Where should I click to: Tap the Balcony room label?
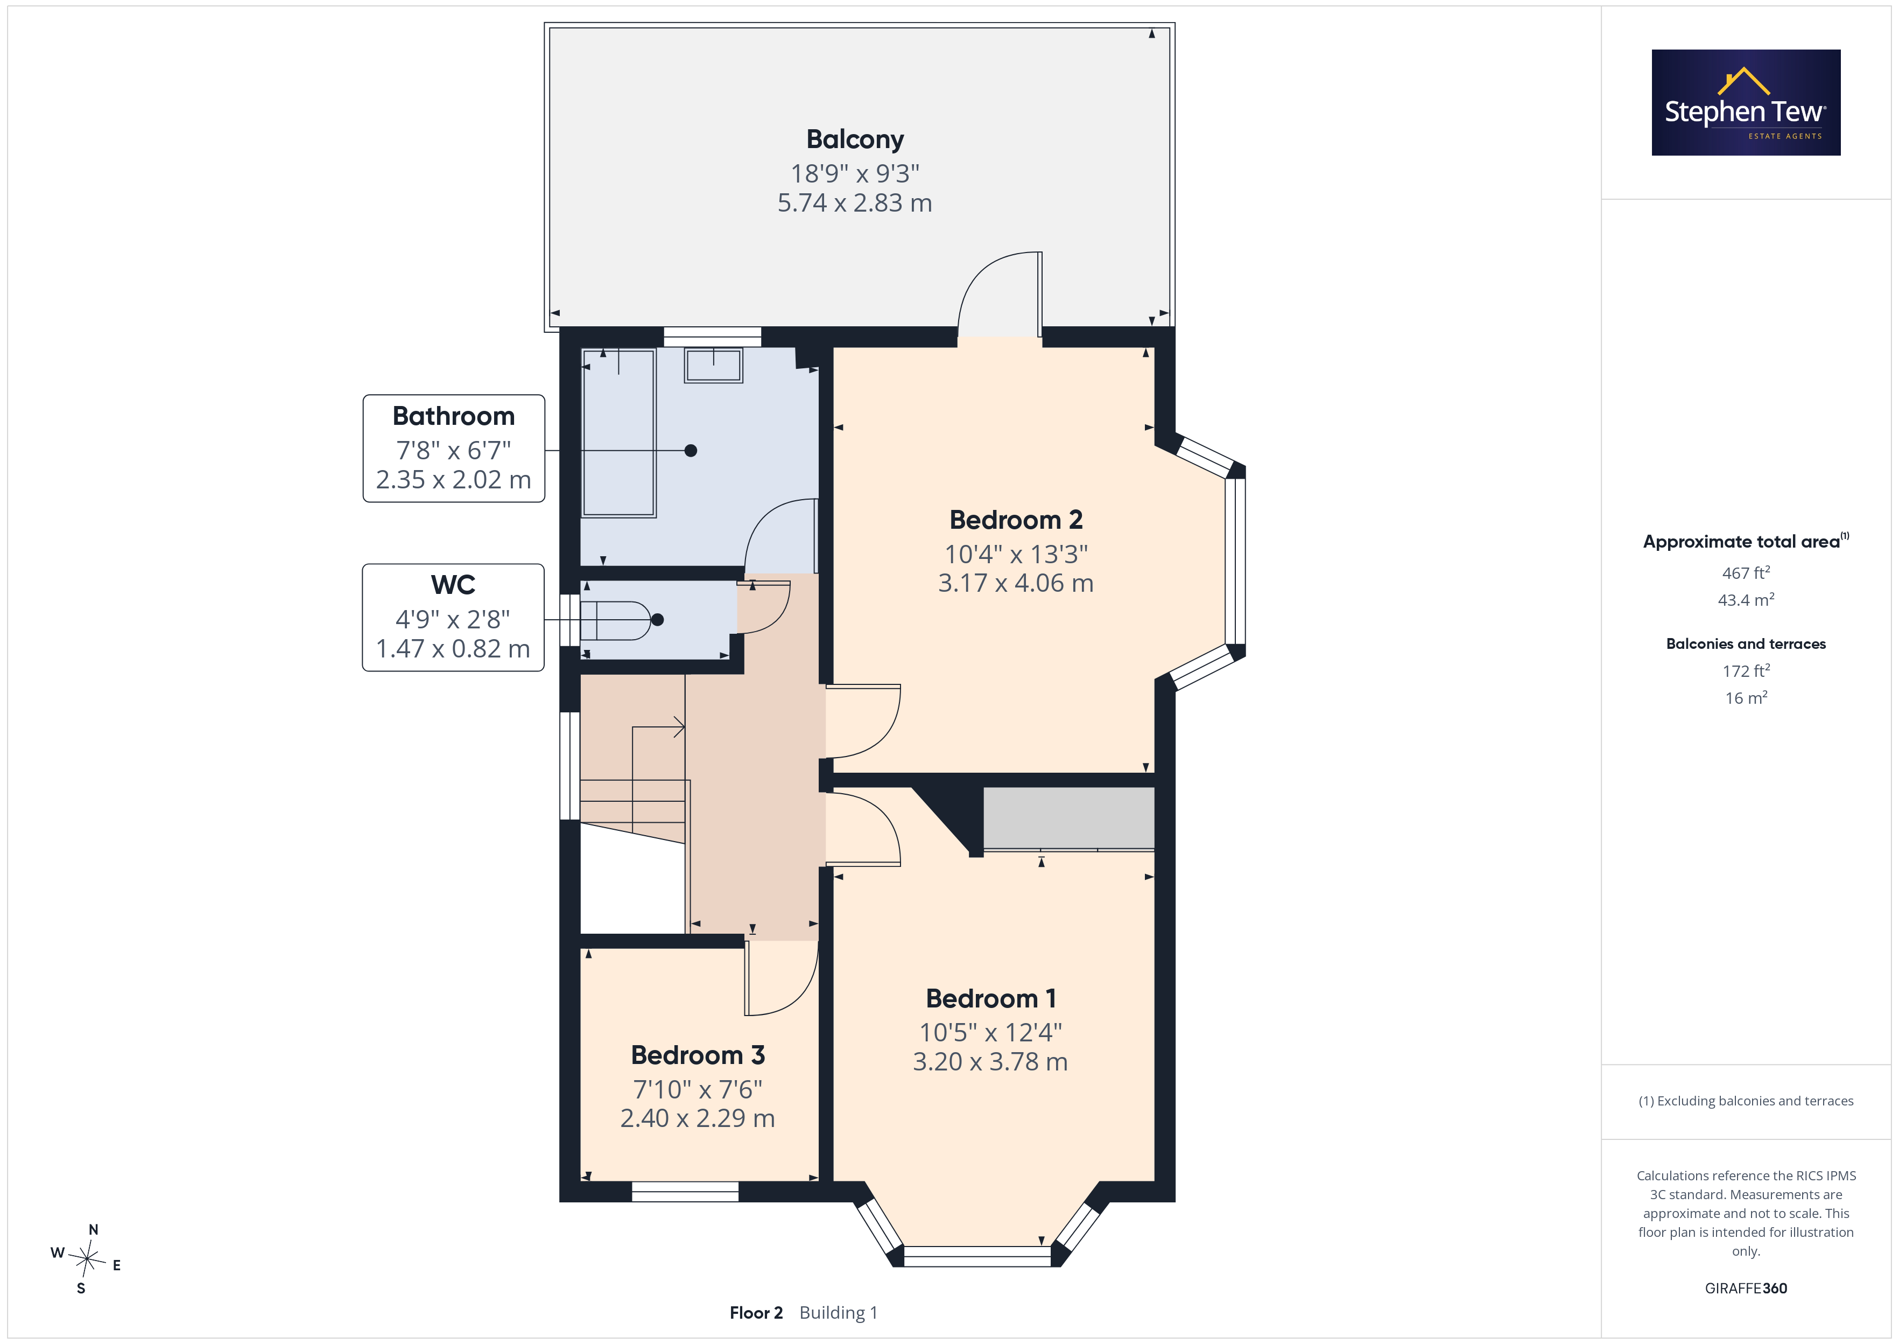tap(854, 139)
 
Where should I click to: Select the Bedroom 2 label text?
tap(1016, 520)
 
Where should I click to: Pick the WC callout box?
tap(453, 618)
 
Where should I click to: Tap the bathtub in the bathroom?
tap(618, 433)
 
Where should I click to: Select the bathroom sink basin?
tap(713, 365)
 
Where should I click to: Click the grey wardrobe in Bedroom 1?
tap(1068, 818)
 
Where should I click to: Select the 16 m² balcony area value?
tap(1746, 698)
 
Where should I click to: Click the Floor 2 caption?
tap(756, 1313)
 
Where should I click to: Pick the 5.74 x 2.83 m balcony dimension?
tap(854, 203)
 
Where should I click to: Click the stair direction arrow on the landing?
tap(659, 727)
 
